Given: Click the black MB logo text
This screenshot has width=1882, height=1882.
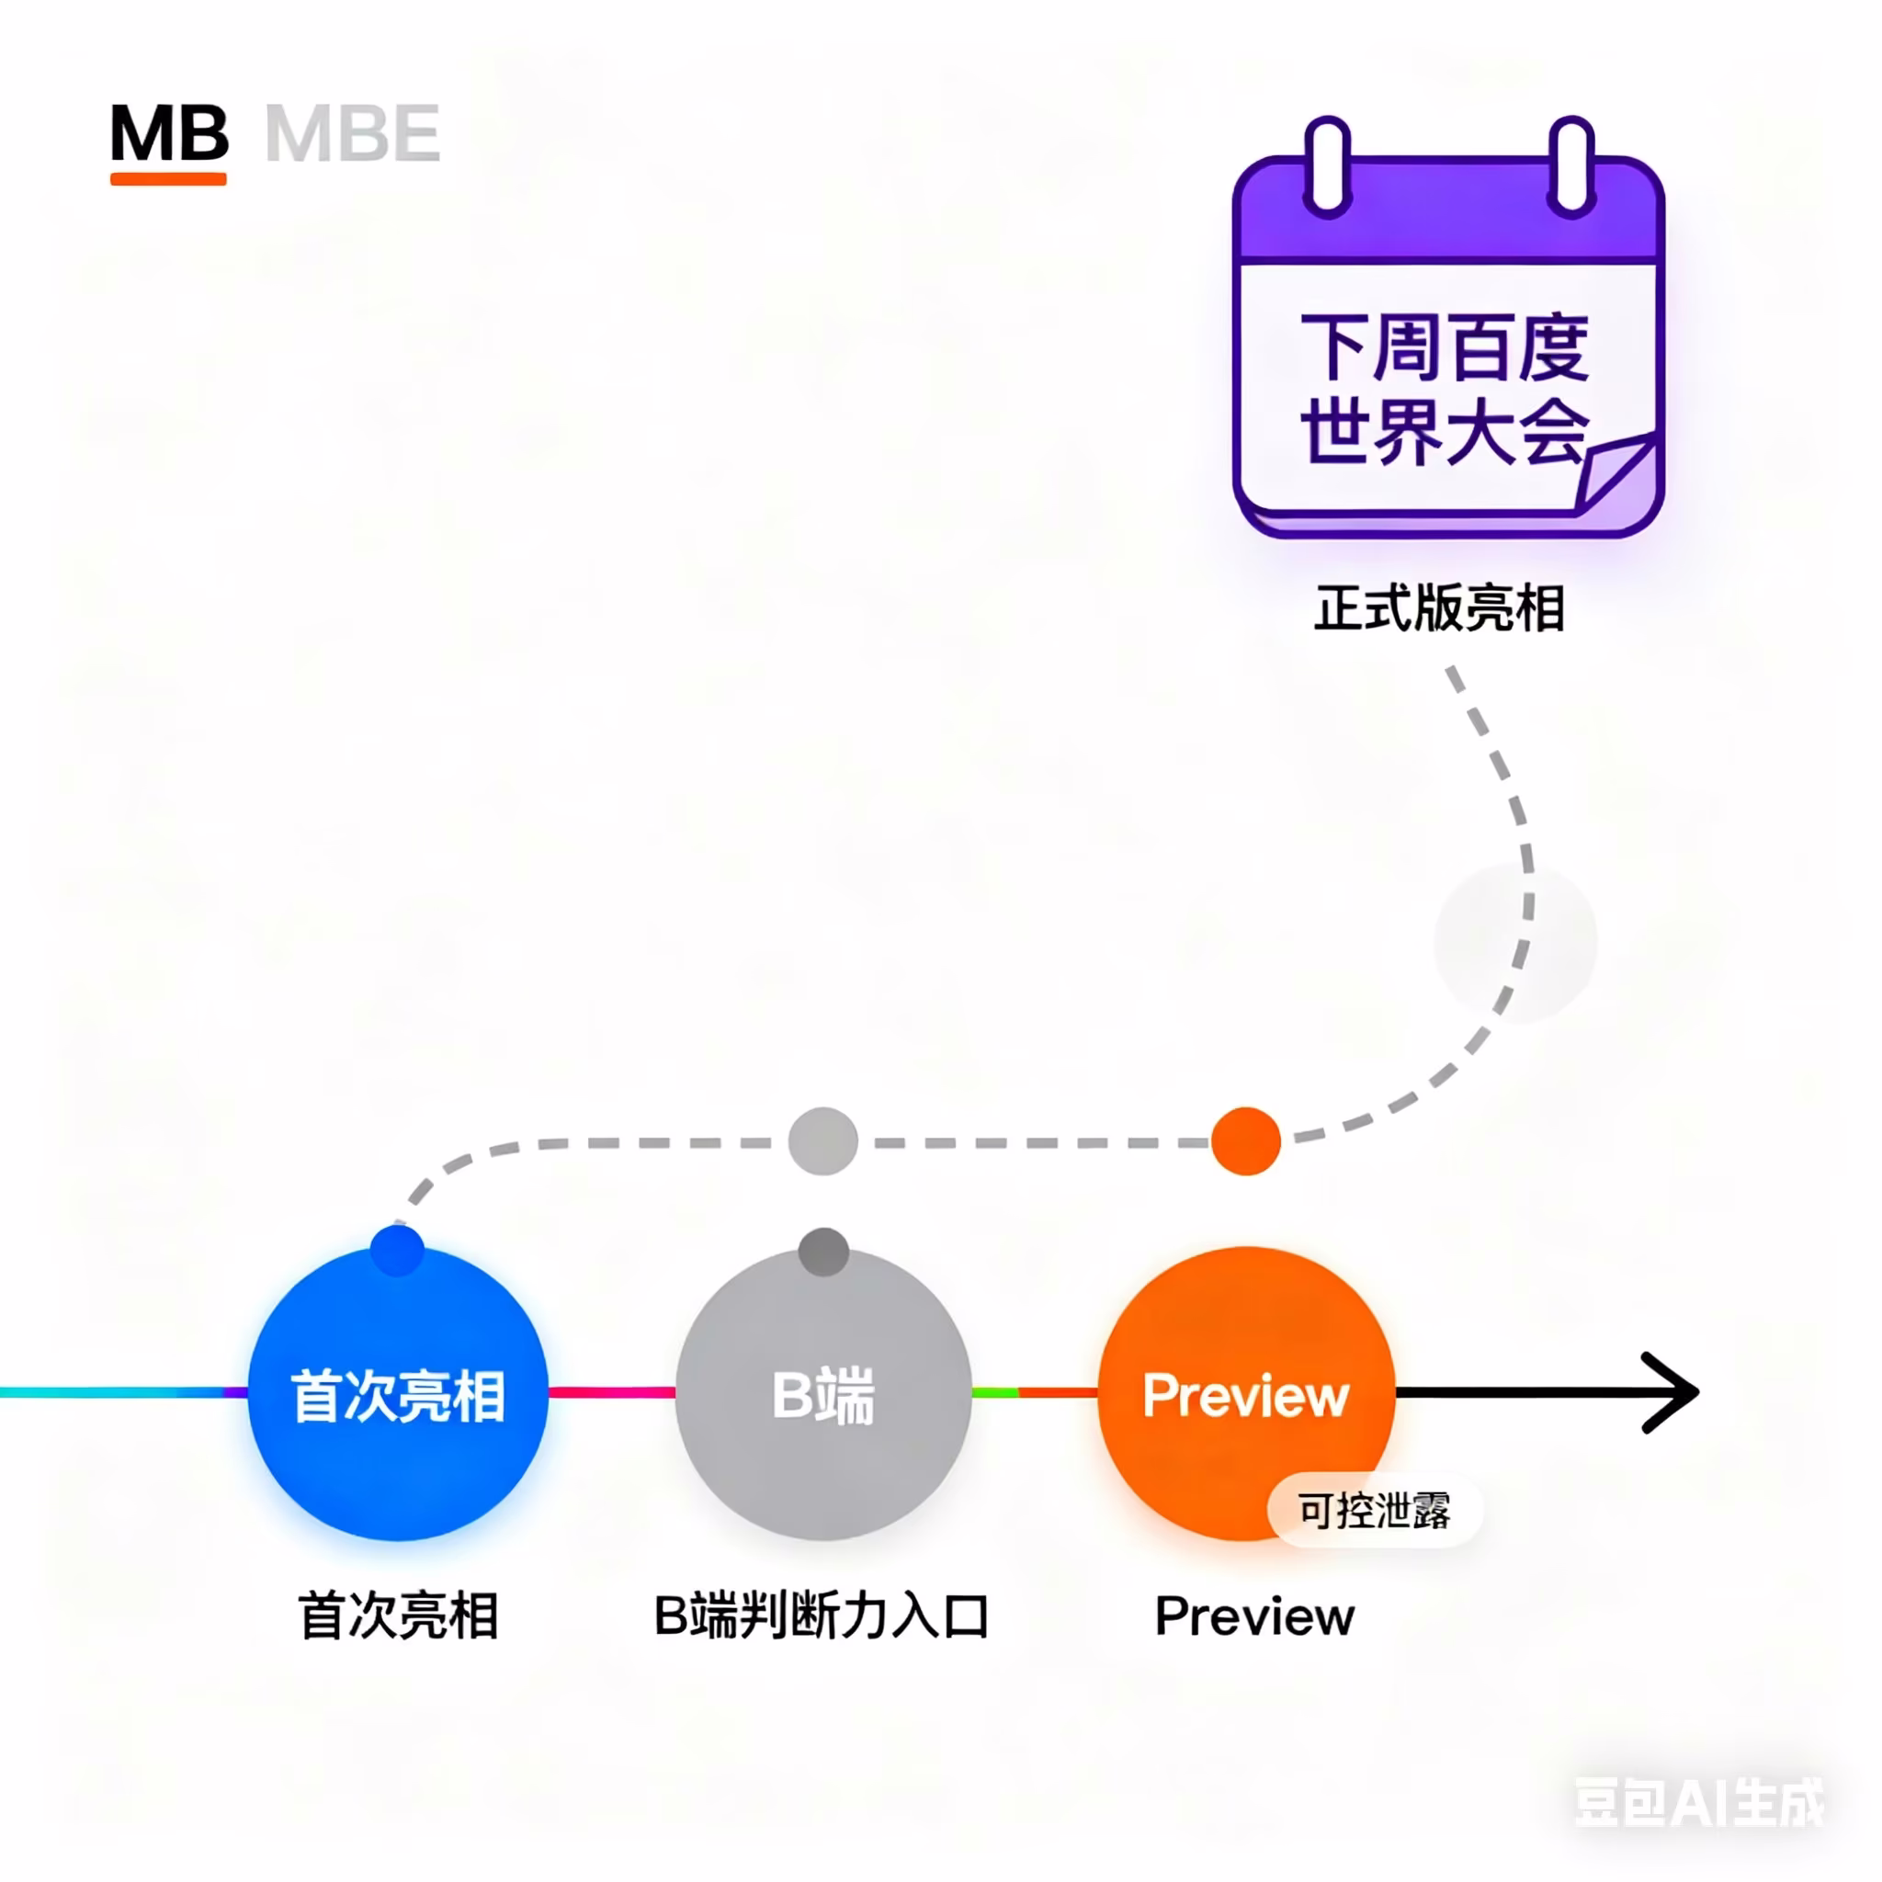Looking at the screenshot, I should [x=169, y=133].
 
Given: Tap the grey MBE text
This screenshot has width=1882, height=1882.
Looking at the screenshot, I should [x=353, y=133].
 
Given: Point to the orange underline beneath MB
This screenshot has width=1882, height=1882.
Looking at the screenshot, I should [x=168, y=179].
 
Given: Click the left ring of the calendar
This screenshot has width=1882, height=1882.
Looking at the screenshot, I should [x=1327, y=165].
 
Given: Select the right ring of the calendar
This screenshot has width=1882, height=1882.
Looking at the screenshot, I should [x=1571, y=165].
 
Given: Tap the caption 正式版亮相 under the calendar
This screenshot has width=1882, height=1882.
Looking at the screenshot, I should [x=1440, y=609].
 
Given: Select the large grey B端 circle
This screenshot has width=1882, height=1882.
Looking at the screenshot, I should [x=823, y=1394].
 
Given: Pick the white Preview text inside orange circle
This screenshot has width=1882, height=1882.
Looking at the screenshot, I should [x=1246, y=1395].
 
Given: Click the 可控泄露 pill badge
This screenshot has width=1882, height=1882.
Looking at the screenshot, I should [x=1375, y=1511].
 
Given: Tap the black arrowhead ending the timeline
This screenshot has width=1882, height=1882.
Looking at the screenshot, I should [x=1672, y=1393].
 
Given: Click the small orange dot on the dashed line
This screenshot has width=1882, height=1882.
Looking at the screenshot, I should [x=1246, y=1141].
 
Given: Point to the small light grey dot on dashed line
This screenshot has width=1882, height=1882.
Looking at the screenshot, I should [x=823, y=1141].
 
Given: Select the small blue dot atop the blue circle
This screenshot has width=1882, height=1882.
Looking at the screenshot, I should [x=397, y=1251].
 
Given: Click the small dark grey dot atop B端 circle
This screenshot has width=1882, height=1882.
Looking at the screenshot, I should [x=824, y=1252].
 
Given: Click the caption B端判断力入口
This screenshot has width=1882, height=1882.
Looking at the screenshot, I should [x=822, y=1616].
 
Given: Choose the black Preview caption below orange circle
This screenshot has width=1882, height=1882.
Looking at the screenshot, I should [x=1254, y=1617].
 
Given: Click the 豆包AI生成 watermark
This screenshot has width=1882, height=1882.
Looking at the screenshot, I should [x=1700, y=1803].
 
